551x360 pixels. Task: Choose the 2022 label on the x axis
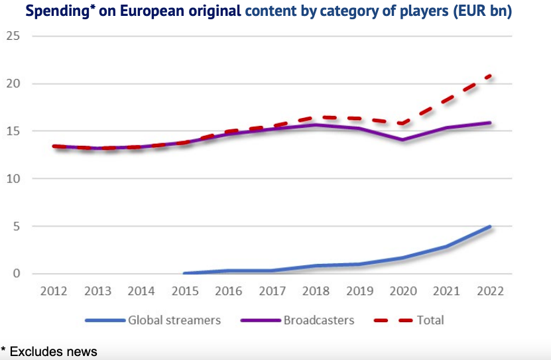click(x=490, y=291)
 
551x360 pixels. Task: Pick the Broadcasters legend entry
click(x=319, y=320)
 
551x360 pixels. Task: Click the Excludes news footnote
click(x=53, y=351)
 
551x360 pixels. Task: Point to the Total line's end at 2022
click(x=490, y=76)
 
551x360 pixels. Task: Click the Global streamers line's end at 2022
click(x=490, y=227)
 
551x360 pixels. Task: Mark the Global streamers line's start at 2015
click(x=184, y=273)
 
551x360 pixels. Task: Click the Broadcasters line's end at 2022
click(x=490, y=123)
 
